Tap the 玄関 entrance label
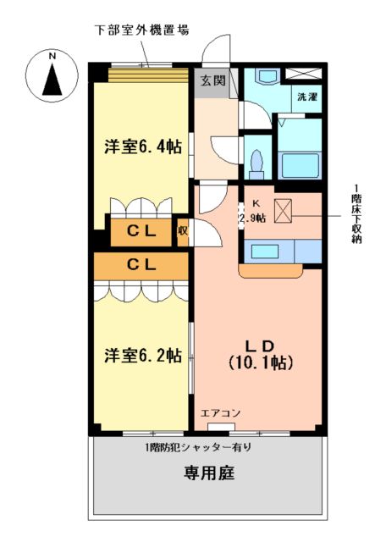pos(212,81)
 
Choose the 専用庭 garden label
pos(208,472)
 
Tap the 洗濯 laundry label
pos(306,97)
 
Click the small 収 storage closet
pos(182,230)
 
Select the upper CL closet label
pos(141,230)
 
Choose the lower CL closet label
pos(141,264)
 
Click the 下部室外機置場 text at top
pos(141,29)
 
